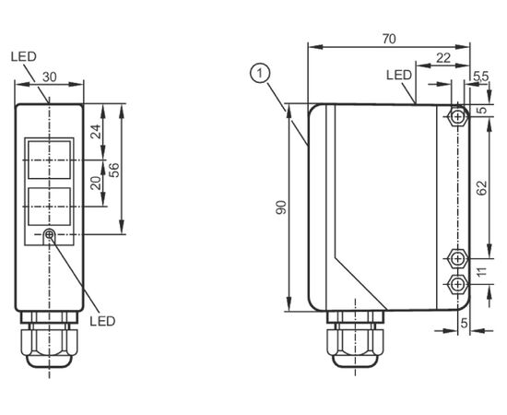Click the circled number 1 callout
tap(260, 73)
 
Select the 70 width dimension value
tap(389, 39)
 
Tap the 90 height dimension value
tap(281, 207)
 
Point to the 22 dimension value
tap(443, 58)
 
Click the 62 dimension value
tap(481, 188)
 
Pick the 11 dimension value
tap(481, 272)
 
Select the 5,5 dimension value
tap(481, 77)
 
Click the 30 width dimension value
tap(50, 77)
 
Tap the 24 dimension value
tap(96, 131)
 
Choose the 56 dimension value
tap(113, 170)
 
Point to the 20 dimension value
tap(96, 184)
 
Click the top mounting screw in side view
tap(457, 116)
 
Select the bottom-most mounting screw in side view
tap(457, 284)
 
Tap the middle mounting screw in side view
tap(457, 258)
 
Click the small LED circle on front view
tap(49, 234)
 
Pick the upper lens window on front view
tap(49, 160)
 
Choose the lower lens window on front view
tap(49, 207)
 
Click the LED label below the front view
tap(102, 321)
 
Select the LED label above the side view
tap(399, 75)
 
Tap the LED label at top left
tap(24, 56)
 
